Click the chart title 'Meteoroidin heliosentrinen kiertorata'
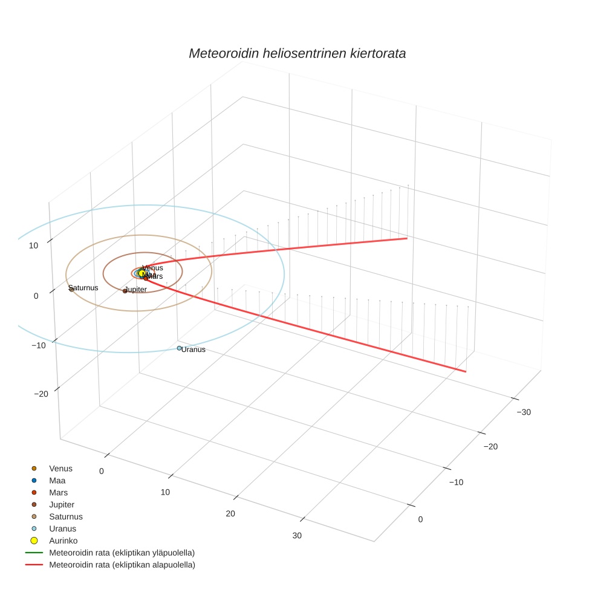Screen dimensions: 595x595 [x=297, y=53]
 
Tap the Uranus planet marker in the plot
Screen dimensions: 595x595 [x=179, y=348]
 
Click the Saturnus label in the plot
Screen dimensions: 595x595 [x=83, y=288]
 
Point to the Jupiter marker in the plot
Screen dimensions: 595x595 [x=125, y=291]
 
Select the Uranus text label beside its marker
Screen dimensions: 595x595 [x=193, y=350]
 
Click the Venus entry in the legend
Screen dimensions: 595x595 [x=60, y=468]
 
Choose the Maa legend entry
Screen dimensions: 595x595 [x=57, y=480]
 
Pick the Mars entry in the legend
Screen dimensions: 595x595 [x=58, y=492]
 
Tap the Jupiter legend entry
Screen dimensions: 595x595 [x=62, y=504]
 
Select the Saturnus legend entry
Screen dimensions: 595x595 [x=65, y=516]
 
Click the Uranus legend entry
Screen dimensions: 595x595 [x=62, y=528]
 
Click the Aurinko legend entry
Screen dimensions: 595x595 [x=63, y=541]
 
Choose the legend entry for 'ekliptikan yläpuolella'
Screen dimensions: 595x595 [x=122, y=553]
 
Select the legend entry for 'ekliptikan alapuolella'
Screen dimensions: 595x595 [x=122, y=565]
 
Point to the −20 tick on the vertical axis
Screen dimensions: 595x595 [x=41, y=394]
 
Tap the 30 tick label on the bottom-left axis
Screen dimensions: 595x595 [x=297, y=535]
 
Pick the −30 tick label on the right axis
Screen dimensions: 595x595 [x=523, y=412]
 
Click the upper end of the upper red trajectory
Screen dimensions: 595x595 [x=406, y=238]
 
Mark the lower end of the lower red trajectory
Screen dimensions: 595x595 [x=465, y=371]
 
